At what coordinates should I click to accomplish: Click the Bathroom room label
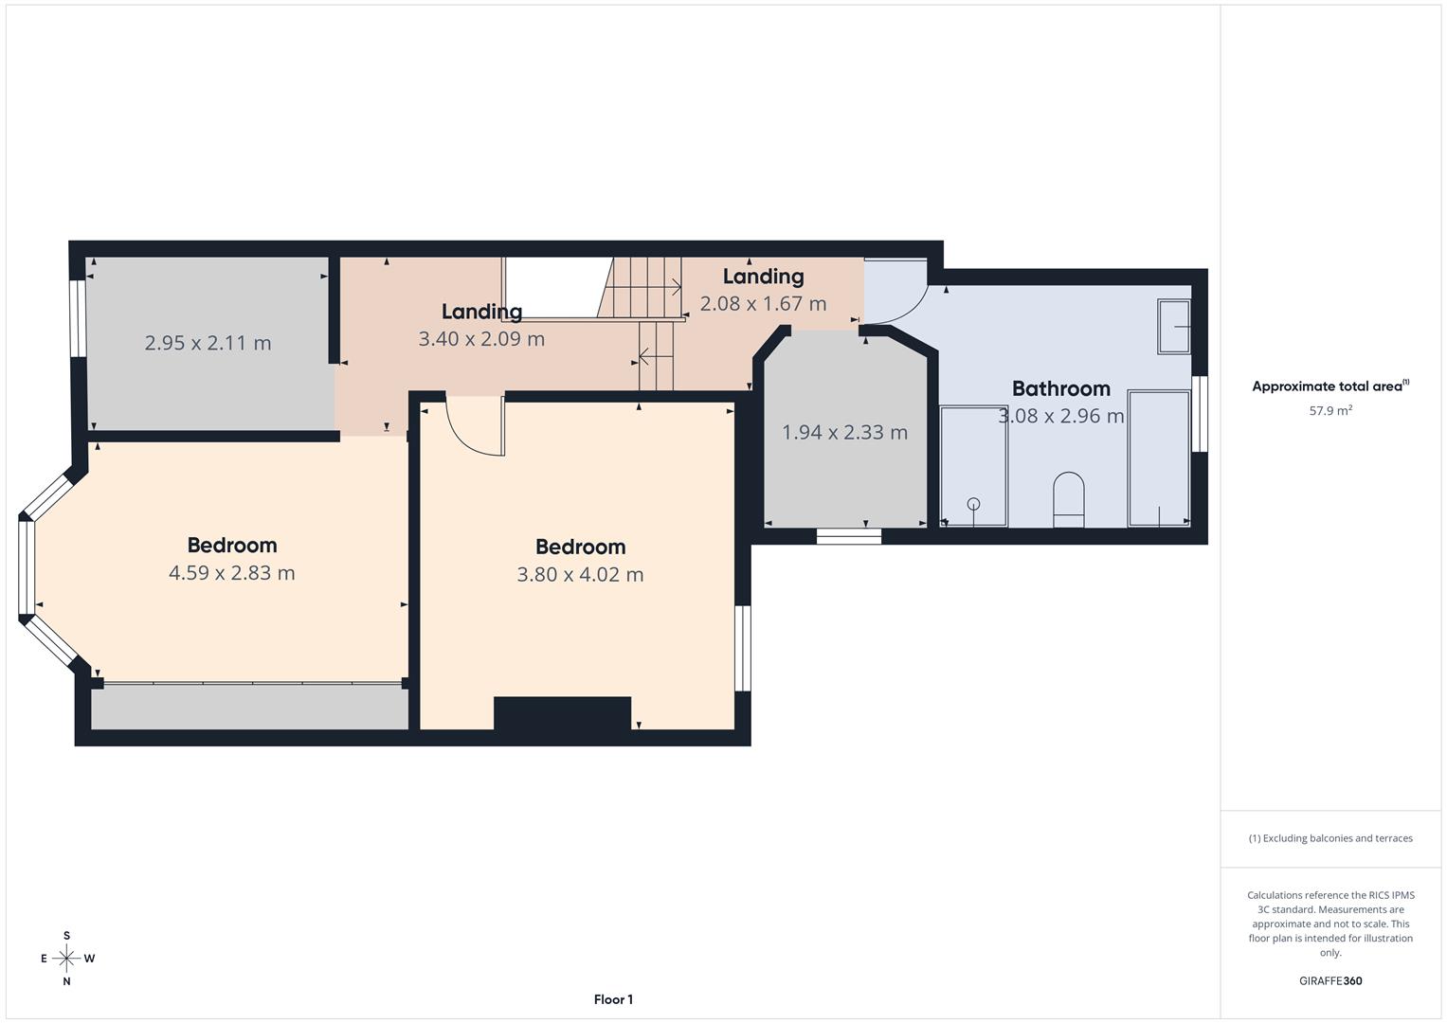(1060, 388)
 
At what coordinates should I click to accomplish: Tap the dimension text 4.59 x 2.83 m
(231, 573)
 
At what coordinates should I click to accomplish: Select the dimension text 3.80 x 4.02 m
(580, 575)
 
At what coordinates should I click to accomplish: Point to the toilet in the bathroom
(1068, 499)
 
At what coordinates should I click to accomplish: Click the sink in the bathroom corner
(1174, 327)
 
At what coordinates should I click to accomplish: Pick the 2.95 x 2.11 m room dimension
(208, 343)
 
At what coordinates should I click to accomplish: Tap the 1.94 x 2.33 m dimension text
(844, 433)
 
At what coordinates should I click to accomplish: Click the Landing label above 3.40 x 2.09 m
(481, 312)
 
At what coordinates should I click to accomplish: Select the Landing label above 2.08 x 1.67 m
(763, 277)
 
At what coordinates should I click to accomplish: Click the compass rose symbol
(66, 959)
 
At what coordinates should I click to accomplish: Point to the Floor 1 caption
(613, 999)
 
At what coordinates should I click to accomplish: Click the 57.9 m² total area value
(1329, 411)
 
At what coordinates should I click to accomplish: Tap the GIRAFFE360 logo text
(1329, 980)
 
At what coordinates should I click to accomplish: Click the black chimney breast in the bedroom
(562, 713)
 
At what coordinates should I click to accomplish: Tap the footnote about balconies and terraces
(1329, 838)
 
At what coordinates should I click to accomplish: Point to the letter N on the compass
(66, 981)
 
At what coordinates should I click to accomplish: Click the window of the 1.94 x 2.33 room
(849, 536)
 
